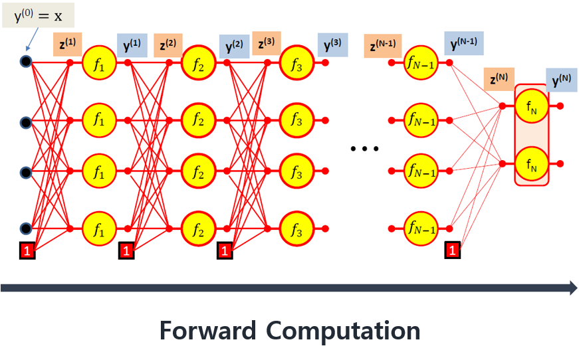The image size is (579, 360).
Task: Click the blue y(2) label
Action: (234, 46)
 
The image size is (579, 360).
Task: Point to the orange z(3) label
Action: (266, 45)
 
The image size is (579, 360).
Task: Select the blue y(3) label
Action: (332, 45)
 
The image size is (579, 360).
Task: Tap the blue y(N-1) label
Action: (464, 43)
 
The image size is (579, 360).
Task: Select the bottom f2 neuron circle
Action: (197, 230)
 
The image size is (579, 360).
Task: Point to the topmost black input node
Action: (25, 62)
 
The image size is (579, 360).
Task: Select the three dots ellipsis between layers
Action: (364, 149)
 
